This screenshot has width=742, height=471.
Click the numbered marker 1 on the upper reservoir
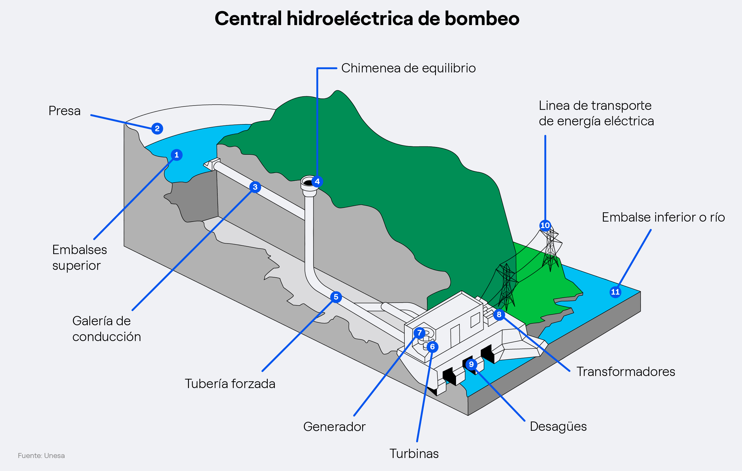(x=177, y=155)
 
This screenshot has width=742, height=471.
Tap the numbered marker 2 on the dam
(x=157, y=128)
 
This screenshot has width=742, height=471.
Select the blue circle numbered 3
(x=255, y=187)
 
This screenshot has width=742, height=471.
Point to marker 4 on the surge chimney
(x=317, y=181)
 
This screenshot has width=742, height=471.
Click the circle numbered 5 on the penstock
(x=336, y=297)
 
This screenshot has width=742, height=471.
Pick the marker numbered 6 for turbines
(x=433, y=347)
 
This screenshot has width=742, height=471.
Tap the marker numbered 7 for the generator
(x=420, y=333)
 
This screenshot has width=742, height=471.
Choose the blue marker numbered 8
(x=499, y=315)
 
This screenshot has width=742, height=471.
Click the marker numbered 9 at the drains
(x=471, y=364)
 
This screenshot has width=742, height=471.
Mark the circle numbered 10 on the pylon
(x=545, y=225)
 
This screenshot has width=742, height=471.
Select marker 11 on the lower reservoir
(x=615, y=292)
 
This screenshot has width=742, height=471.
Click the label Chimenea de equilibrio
(x=408, y=68)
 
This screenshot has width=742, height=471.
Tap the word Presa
(x=65, y=111)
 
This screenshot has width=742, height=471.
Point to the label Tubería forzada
(x=230, y=384)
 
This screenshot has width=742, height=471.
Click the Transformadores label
(x=626, y=372)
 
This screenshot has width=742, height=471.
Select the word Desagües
(x=558, y=427)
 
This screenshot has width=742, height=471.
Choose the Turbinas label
(x=414, y=454)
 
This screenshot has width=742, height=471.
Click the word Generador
(x=335, y=427)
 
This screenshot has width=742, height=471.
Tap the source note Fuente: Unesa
(x=41, y=456)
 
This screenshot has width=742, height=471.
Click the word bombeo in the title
(x=482, y=19)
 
